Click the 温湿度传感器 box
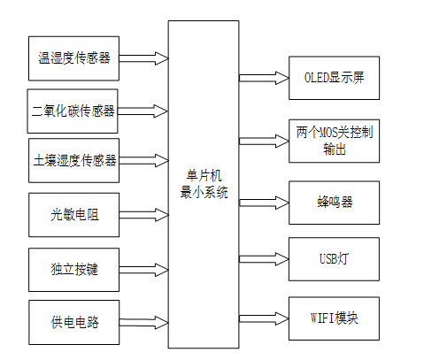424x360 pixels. tap(73, 58)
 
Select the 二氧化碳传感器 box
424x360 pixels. tap(73, 111)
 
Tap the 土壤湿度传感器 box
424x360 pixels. tap(73, 160)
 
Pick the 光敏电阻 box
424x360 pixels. tap(73, 215)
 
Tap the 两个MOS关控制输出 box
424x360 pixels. tap(335, 140)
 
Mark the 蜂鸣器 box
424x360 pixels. tap(335, 202)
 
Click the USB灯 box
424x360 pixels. tap(335, 258)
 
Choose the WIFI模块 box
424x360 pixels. tap(335, 316)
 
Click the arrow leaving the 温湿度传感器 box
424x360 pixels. tap(143, 58)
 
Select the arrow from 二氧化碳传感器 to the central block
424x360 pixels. tap(143, 111)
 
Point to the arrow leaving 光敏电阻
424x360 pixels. tap(143, 215)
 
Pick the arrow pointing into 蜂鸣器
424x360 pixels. tap(264, 202)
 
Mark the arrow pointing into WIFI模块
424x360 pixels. tap(264, 316)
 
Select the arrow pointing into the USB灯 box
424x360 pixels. tap(264, 258)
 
